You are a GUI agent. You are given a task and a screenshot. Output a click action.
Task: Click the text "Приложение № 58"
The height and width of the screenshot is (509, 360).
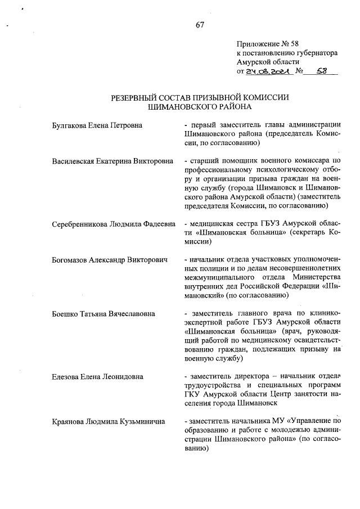[264, 43]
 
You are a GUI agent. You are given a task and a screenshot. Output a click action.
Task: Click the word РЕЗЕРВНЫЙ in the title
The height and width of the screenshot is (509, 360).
[137, 97]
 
